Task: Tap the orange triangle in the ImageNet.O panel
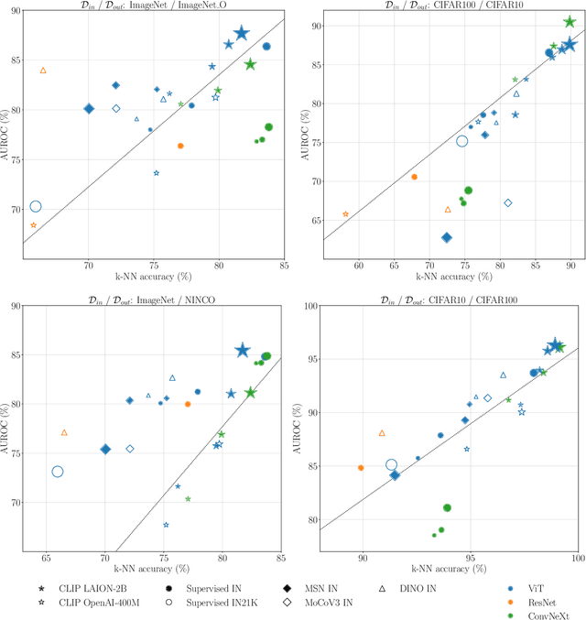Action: (43, 71)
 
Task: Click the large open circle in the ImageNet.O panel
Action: (36, 207)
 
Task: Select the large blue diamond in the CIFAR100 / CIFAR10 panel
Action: (447, 237)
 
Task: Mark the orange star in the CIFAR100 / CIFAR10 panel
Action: (345, 214)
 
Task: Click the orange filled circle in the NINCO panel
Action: (188, 404)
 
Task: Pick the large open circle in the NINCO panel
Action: (58, 472)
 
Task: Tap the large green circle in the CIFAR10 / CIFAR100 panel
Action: (447, 507)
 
